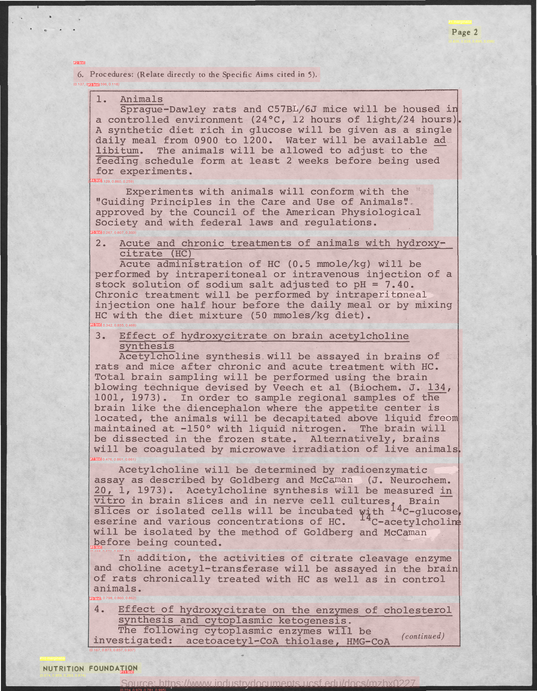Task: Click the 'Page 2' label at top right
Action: (x=464, y=32)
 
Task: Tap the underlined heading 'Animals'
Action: (x=141, y=99)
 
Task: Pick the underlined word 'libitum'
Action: (x=117, y=151)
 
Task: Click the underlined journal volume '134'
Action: (x=437, y=387)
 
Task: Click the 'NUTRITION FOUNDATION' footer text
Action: (x=90, y=669)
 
